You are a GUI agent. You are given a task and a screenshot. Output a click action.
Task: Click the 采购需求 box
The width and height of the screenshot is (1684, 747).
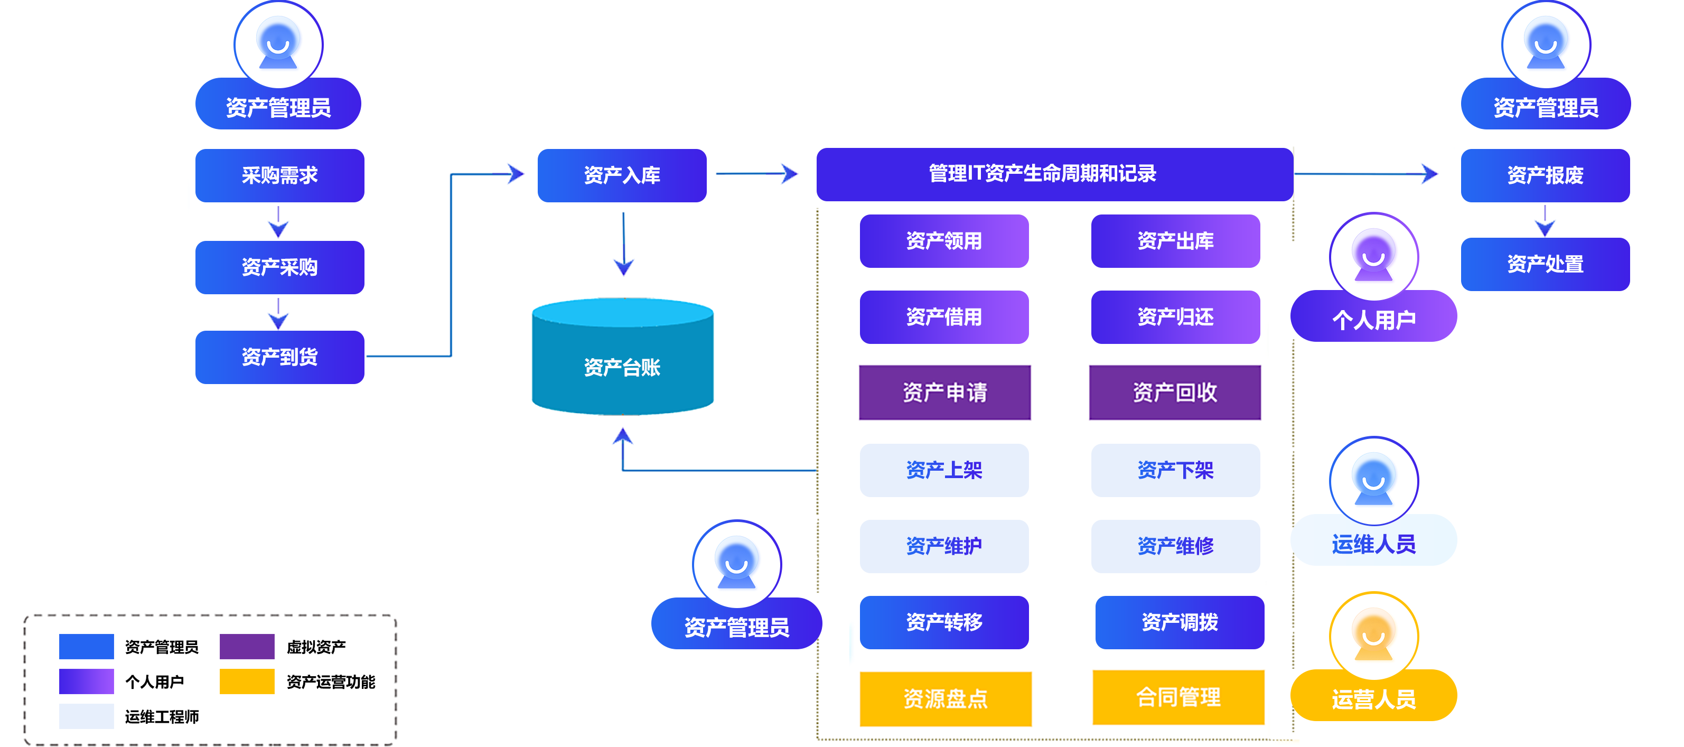(x=279, y=175)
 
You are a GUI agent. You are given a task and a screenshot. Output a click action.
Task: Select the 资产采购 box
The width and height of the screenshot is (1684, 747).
(x=279, y=267)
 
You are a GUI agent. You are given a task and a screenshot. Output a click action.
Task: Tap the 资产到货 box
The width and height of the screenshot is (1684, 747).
(x=279, y=357)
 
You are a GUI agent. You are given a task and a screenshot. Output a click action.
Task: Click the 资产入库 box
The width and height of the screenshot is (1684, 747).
(x=621, y=175)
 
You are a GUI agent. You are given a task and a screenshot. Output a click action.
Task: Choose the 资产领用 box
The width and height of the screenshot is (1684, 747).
(x=943, y=241)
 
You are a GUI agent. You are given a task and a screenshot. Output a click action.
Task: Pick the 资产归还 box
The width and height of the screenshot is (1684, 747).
(x=1175, y=317)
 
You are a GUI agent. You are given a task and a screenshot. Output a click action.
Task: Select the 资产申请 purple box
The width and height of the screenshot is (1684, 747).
(x=944, y=392)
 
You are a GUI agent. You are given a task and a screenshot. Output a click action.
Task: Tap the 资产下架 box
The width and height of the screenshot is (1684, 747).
(x=1175, y=470)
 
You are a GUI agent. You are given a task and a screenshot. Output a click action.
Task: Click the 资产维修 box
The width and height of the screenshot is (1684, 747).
(x=1175, y=546)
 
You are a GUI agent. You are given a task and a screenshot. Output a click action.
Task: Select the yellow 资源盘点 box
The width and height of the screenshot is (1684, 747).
(x=946, y=698)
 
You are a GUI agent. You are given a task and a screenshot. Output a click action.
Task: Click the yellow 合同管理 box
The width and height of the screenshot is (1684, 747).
(x=1178, y=697)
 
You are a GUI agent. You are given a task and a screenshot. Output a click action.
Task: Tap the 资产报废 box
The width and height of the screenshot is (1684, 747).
(x=1544, y=175)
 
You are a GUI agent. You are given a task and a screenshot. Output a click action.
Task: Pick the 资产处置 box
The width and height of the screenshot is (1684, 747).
(x=1544, y=264)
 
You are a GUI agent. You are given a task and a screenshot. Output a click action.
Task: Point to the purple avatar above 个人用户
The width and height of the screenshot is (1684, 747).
(x=1373, y=257)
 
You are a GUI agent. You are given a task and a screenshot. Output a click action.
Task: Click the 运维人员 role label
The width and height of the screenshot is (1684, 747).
(x=1373, y=544)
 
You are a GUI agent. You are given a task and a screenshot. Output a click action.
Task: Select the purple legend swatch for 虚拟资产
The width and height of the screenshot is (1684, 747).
(x=247, y=646)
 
